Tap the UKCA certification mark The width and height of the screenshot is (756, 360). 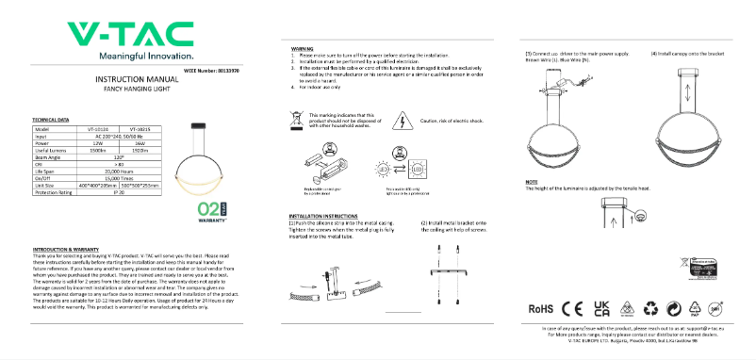point(600,308)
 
